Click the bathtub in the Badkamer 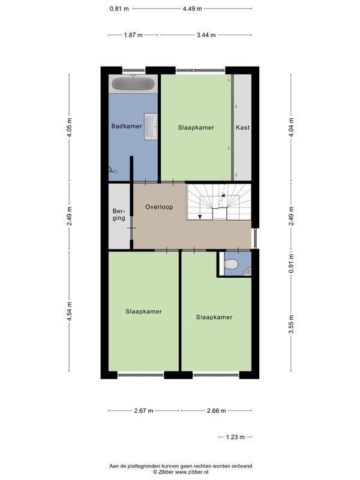pos(133,84)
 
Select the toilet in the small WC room pos(230,265)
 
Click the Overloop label pos(159,207)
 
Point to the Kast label pos(242,128)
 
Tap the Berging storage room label pos(119,214)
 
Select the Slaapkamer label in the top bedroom pos(196,128)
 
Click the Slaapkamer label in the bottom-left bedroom pos(143,311)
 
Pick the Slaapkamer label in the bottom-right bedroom pos(214,317)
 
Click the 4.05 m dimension pos(69,128)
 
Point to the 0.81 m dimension pos(118,8)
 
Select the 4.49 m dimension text pos(192,8)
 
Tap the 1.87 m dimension pos(133,35)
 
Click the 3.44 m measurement pos(206,35)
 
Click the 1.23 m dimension pos(235,437)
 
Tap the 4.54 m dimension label pos(69,311)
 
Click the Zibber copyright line pos(180,472)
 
